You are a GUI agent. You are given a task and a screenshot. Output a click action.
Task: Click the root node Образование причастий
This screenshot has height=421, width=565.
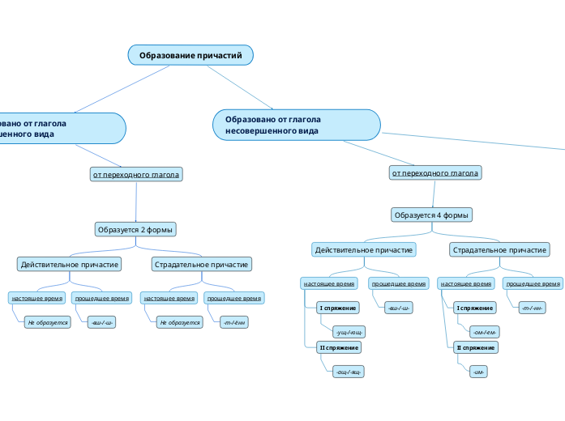point(190,55)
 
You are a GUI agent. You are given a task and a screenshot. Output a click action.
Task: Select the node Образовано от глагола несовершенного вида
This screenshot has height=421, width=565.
point(297,125)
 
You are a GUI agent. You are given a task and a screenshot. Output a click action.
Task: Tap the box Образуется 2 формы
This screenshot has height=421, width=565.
point(136,229)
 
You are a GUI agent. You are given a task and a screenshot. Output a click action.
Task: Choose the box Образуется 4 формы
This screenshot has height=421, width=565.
point(432,215)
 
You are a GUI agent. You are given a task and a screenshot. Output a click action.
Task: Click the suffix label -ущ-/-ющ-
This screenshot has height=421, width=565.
point(350,332)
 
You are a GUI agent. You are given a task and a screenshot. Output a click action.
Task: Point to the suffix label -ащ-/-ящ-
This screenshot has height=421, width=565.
point(349,371)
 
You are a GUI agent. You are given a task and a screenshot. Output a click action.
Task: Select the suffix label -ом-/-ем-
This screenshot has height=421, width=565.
point(484,332)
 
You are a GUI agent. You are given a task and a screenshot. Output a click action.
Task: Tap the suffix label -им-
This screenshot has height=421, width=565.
point(478,371)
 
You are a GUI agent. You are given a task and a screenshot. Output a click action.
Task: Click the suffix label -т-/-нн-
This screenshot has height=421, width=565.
point(532,308)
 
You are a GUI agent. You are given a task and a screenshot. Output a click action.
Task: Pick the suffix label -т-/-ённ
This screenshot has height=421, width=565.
point(234,322)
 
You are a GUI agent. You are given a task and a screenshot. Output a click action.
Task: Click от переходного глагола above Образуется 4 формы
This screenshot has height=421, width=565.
point(435,172)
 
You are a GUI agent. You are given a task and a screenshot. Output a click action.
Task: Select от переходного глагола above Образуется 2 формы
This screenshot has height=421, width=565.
point(136,174)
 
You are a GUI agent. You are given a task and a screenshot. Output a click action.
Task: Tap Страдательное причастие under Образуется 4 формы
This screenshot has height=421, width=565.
point(499,250)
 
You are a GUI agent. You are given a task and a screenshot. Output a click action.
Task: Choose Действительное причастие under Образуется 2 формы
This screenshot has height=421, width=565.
point(71,264)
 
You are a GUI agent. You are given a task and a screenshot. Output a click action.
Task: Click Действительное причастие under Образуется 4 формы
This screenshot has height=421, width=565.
point(364,250)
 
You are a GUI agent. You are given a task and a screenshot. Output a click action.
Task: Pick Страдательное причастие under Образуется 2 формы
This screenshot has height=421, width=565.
point(202,264)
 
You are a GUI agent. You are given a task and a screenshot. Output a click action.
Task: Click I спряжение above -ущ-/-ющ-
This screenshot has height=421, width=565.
point(338,308)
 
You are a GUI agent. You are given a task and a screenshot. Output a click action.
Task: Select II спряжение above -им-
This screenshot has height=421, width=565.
point(476,347)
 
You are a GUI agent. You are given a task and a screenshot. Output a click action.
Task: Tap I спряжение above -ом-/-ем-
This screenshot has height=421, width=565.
point(475,308)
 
